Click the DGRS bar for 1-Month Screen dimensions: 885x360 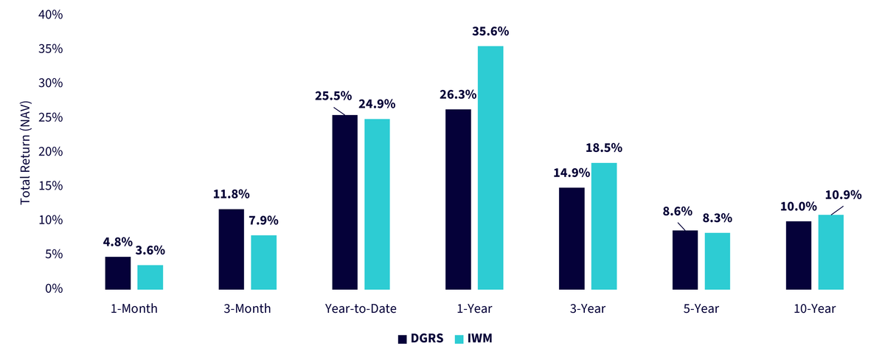(x=118, y=273)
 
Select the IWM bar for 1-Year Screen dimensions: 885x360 (x=490, y=168)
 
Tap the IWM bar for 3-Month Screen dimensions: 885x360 (x=263, y=263)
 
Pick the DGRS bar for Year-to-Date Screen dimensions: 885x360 (x=345, y=202)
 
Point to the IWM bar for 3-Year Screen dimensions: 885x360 (x=604, y=226)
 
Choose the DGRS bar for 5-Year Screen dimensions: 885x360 (x=685, y=260)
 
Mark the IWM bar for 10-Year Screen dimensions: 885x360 (x=831, y=252)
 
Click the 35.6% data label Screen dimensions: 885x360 (x=490, y=31)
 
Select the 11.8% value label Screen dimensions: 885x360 (x=231, y=194)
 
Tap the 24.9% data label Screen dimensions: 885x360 (x=377, y=104)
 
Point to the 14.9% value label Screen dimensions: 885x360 (x=572, y=173)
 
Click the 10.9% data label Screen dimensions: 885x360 (x=843, y=195)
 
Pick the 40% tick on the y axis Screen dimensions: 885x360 (x=51, y=15)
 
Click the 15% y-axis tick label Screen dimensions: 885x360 (x=51, y=186)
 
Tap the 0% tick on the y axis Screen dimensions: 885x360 (x=54, y=288)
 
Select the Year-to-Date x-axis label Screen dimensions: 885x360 (x=361, y=308)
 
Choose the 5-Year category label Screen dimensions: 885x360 (x=701, y=308)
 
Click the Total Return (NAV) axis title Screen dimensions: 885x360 (x=25, y=153)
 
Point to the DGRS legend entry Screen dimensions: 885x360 (x=421, y=339)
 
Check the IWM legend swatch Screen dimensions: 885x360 (x=459, y=339)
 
